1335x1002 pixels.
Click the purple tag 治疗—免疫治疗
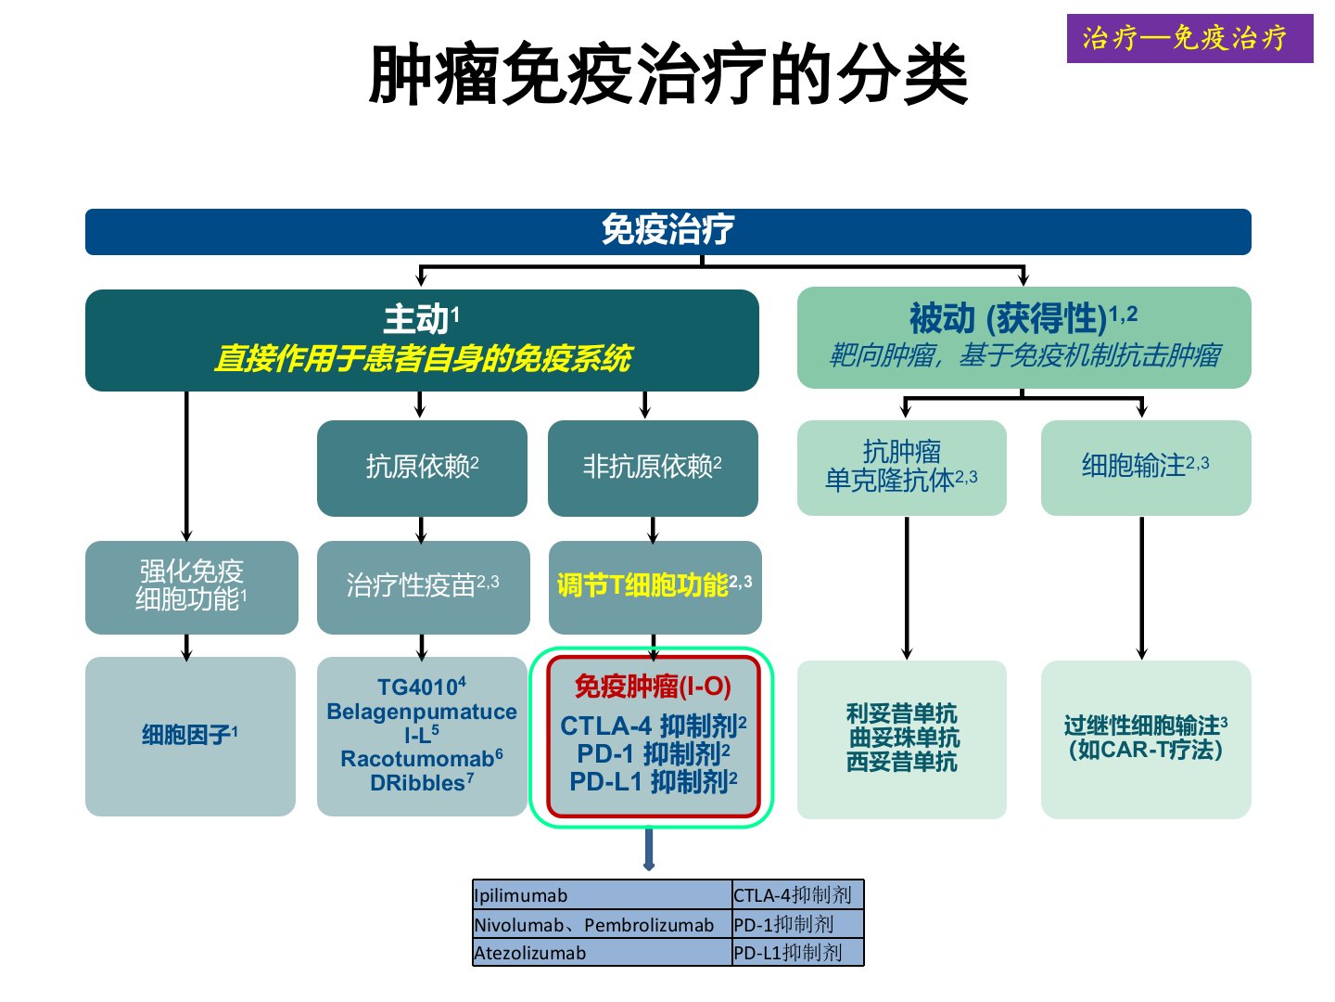(x=1189, y=38)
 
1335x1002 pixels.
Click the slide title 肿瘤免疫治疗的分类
(x=667, y=75)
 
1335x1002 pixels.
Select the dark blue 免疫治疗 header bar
(x=667, y=231)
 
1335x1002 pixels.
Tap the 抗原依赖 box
(x=422, y=468)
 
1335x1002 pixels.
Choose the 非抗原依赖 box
(x=653, y=468)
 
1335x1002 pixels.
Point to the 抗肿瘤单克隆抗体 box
(x=901, y=467)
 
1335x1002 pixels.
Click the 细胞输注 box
(x=1145, y=467)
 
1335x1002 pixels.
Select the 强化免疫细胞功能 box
(x=191, y=586)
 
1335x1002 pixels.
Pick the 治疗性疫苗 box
(x=423, y=586)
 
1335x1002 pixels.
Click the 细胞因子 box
(x=190, y=736)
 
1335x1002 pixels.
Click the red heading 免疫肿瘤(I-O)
(x=653, y=687)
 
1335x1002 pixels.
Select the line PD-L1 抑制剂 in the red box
(x=653, y=782)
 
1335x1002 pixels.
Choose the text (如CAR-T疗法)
(x=1146, y=750)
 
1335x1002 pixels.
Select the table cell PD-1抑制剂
(x=797, y=924)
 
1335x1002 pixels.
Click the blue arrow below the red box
(x=648, y=849)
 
